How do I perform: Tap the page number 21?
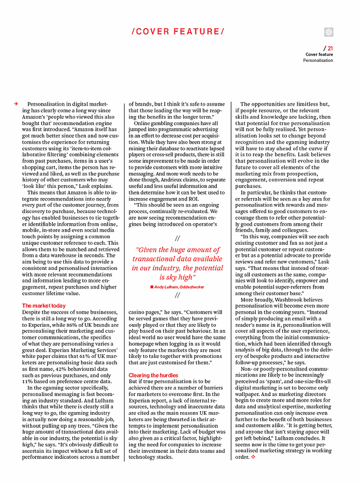click(330, 48)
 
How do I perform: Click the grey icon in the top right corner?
click(329, 32)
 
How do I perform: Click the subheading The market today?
click(44, 306)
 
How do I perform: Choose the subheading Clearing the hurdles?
click(154, 375)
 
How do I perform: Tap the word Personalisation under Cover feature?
click(318, 60)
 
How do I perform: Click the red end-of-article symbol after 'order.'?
click(254, 457)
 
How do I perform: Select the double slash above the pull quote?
click(177, 238)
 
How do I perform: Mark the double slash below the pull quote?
click(177, 296)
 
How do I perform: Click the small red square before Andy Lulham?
click(151, 286)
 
